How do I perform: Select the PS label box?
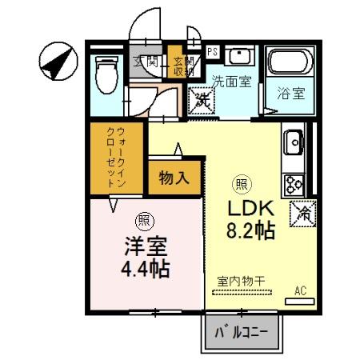212,50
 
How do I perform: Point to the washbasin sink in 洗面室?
237,57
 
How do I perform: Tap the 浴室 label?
290,92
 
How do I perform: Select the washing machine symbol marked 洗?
199,101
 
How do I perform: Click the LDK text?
252,209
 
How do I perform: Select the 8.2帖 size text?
253,233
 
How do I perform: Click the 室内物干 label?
242,281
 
